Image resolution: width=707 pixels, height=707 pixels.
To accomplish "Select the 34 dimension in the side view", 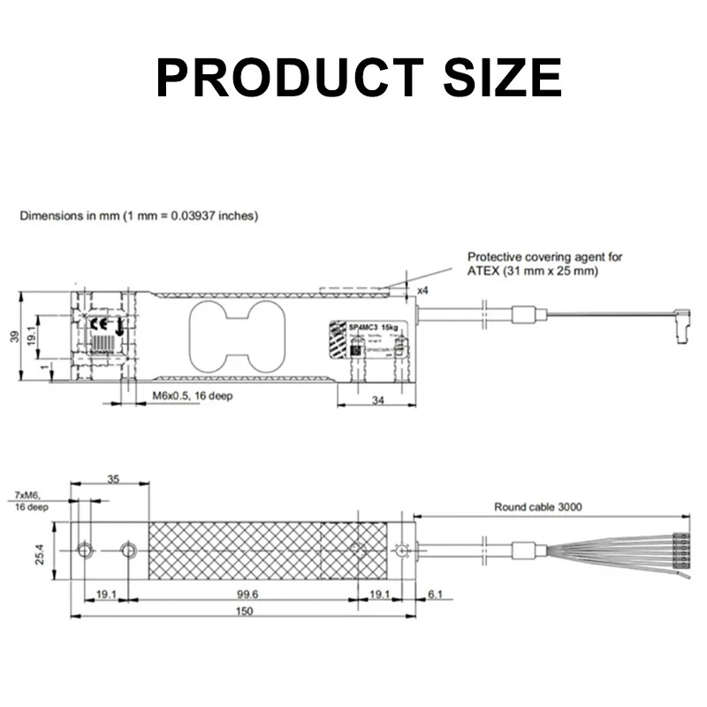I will coord(377,400).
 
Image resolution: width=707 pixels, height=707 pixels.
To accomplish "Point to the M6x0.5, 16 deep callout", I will coord(192,396).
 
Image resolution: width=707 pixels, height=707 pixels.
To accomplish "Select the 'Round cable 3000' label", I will coord(538,506).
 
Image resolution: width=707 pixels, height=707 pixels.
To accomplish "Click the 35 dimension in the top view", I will coord(112,478).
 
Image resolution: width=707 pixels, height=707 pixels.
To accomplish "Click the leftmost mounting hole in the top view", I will coord(85,551).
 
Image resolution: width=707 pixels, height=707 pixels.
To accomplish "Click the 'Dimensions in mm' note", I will coord(139,216).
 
